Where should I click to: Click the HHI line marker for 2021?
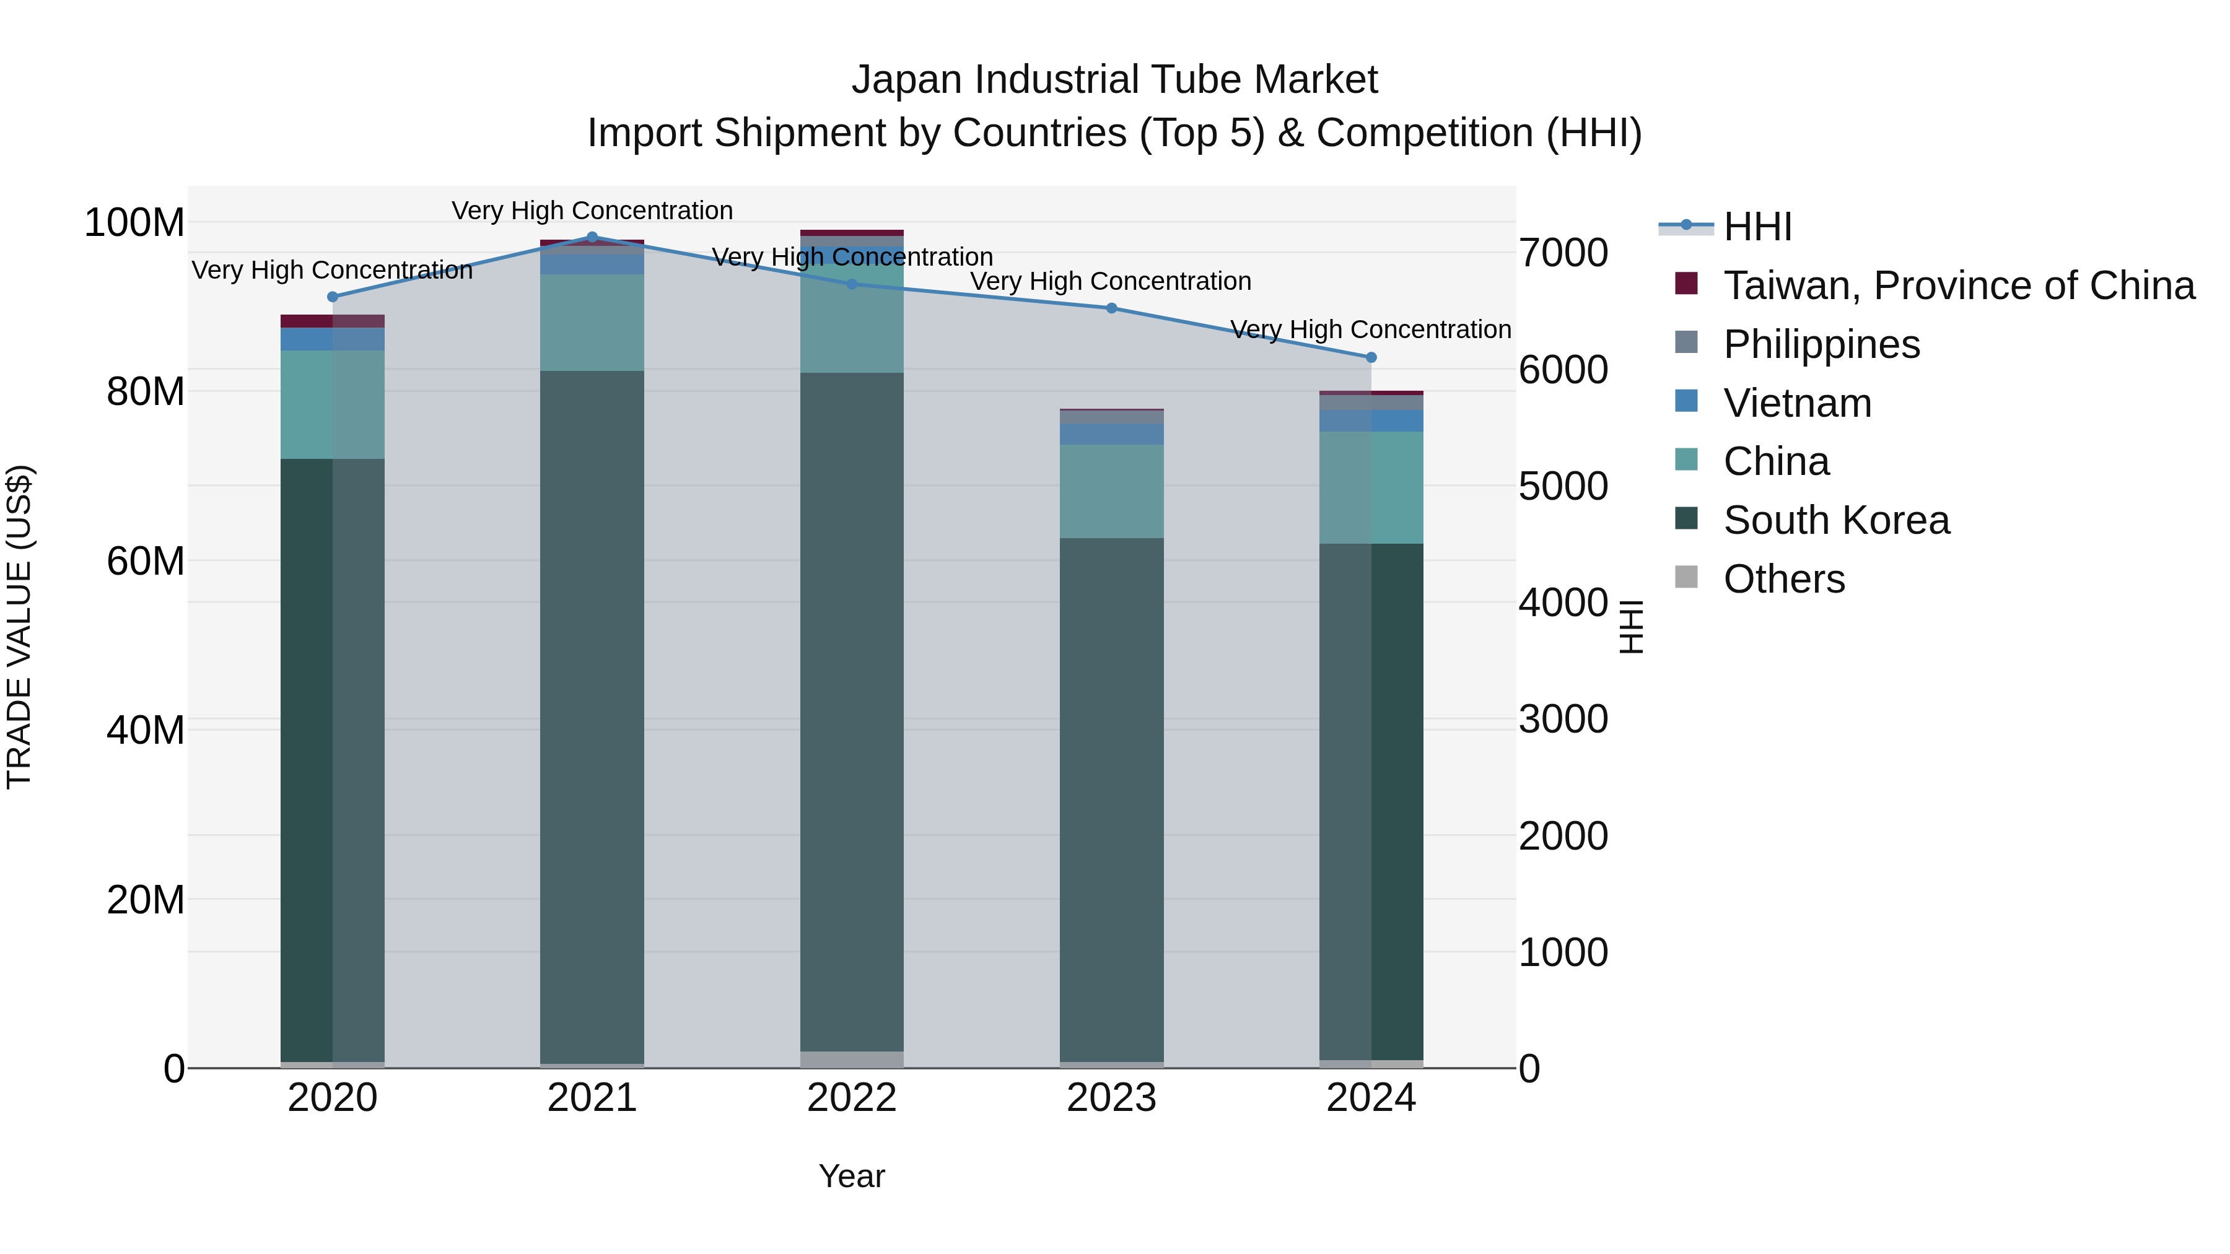click(x=592, y=237)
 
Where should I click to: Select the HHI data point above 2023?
click(x=1111, y=308)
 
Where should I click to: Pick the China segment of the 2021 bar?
click(x=592, y=322)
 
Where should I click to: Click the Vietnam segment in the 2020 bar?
click(x=333, y=339)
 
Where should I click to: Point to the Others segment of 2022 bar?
click(x=852, y=1060)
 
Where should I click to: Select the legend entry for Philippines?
click(x=1821, y=344)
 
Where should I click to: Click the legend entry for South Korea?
click(x=1835, y=520)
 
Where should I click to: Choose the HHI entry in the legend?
click(x=1757, y=227)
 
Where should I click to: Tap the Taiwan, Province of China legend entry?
click(x=1958, y=285)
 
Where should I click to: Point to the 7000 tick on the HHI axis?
click(x=1563, y=253)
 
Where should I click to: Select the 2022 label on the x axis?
click(x=852, y=1098)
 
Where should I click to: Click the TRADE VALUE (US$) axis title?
click(x=19, y=627)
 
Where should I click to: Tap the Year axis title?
click(x=852, y=1176)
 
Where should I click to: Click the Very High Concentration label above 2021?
click(x=592, y=211)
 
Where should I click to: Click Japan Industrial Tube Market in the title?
click(x=1114, y=80)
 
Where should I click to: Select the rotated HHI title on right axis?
click(x=1631, y=627)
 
